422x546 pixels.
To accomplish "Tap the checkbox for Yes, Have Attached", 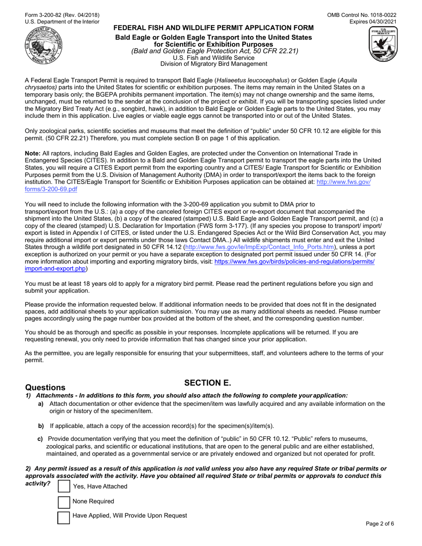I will pyautogui.click(x=64, y=486).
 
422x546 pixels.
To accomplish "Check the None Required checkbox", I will pyautogui.click(x=64, y=502).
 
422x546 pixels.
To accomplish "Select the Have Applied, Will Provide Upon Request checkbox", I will pyautogui.click(x=64, y=517).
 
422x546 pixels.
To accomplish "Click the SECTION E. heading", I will pyautogui.click(x=208, y=383).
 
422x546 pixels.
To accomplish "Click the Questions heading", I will pyautogui.click(x=45, y=388).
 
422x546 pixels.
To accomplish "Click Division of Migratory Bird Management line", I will pyautogui.click(x=214, y=64).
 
